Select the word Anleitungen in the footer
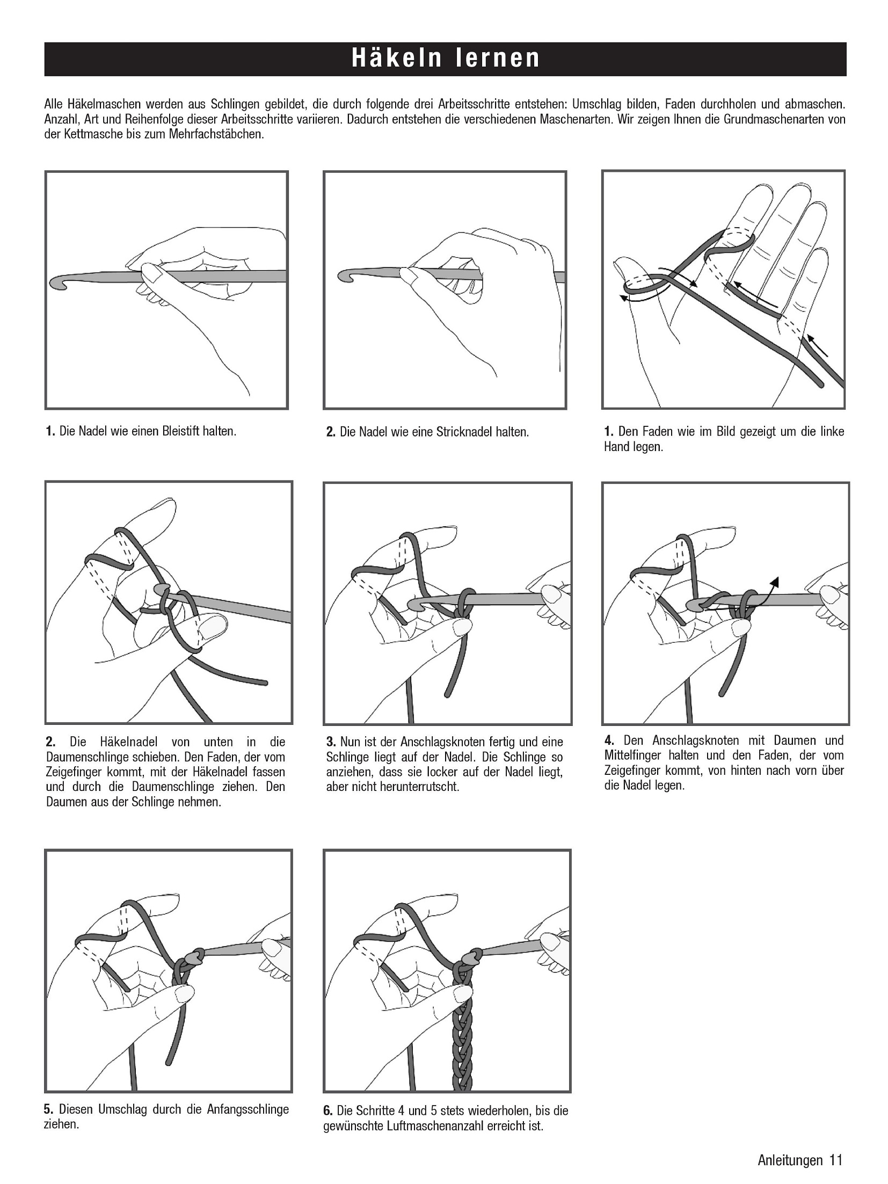(790, 1160)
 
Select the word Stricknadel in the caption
(464, 432)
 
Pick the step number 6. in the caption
(329, 1110)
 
